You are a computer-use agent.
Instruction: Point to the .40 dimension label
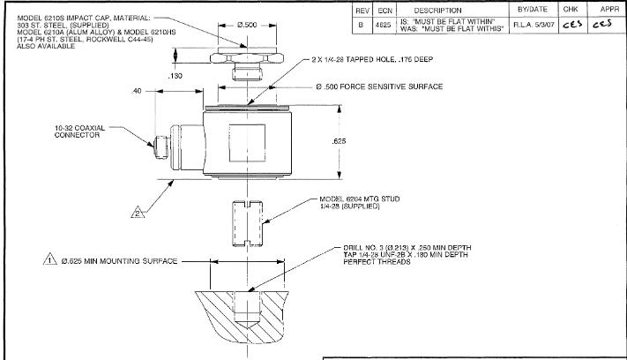coord(137,90)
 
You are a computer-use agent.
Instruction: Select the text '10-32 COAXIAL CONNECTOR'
coord(78,131)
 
